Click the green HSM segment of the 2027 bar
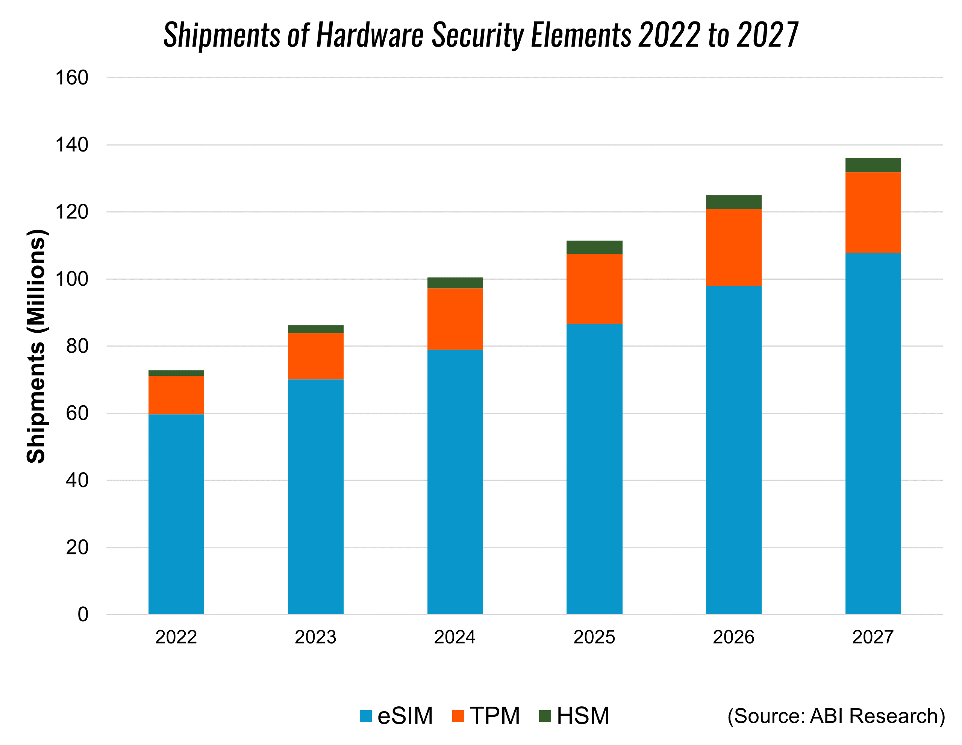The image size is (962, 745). pos(873,165)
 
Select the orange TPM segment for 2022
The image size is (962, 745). pos(176,395)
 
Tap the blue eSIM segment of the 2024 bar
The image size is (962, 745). pos(455,482)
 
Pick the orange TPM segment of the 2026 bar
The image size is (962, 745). pos(733,247)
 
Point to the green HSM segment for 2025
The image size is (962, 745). pos(594,247)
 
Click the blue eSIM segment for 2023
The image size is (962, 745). pos(315,497)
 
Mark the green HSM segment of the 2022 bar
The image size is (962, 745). pos(176,373)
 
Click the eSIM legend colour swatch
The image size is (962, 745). pos(366,716)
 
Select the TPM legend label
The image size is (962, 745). pos(495,716)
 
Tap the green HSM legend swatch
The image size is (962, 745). pos(545,716)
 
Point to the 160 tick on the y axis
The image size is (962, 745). pos(72,78)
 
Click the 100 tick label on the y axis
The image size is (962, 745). pos(72,279)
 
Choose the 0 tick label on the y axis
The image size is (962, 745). pos(83,614)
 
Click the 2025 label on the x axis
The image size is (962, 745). pos(594,637)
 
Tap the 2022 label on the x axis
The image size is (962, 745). pos(176,637)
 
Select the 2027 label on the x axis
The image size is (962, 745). pos(873,637)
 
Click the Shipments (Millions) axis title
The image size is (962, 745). pos(36,346)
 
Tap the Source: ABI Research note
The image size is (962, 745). pos(836,716)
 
